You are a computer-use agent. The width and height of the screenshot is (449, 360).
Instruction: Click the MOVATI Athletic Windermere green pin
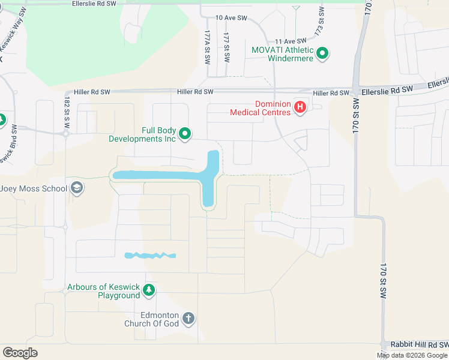(x=322, y=54)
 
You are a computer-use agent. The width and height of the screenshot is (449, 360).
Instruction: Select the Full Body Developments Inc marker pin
(x=185, y=134)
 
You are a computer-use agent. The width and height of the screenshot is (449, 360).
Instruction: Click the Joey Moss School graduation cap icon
(x=77, y=188)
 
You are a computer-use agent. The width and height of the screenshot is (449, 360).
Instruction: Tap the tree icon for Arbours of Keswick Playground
(x=149, y=291)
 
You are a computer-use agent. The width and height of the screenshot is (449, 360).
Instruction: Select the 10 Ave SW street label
(x=231, y=19)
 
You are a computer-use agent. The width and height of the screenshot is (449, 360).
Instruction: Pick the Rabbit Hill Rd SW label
(x=419, y=344)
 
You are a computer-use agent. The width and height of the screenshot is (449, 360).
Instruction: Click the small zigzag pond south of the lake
(x=150, y=256)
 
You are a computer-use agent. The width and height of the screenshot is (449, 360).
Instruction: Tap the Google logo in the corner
(x=20, y=353)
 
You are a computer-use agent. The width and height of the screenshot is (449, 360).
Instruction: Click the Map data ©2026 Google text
(x=412, y=355)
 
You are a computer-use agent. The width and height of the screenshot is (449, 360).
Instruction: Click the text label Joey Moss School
(x=34, y=188)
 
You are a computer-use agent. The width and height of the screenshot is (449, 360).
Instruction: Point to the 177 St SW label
(x=227, y=47)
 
